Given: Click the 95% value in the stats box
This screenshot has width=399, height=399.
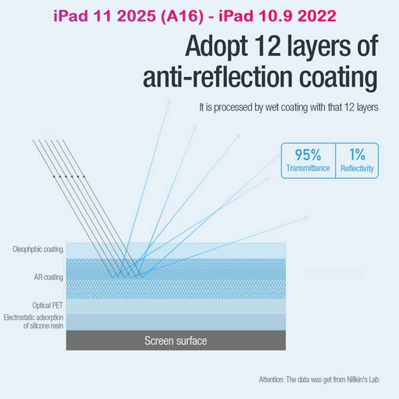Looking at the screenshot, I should (x=308, y=154).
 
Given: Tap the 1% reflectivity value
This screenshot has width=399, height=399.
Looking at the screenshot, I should (x=357, y=154).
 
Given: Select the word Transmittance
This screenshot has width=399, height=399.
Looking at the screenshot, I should (x=308, y=168).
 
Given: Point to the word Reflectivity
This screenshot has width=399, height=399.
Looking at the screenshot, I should (x=357, y=168).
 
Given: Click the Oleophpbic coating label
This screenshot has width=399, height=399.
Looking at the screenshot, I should (x=38, y=250).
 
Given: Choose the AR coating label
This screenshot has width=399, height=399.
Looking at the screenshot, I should (x=48, y=277).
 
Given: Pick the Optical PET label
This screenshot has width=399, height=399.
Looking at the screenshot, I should (x=48, y=306).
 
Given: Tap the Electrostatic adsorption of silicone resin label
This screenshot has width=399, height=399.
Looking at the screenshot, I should (x=34, y=322).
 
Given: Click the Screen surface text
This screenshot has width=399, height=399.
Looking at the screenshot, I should (x=176, y=341).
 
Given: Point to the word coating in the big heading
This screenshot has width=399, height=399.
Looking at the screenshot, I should (x=343, y=78).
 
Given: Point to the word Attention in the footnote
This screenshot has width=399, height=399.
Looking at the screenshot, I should (x=271, y=379).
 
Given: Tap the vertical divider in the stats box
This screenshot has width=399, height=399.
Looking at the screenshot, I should (x=336, y=160).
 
